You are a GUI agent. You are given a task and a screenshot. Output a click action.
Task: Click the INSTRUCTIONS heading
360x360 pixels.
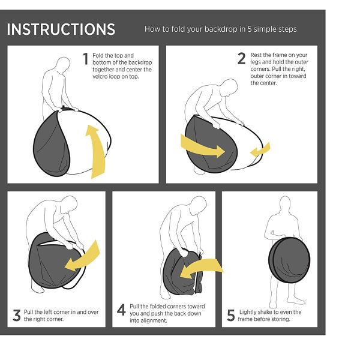click(x=61, y=29)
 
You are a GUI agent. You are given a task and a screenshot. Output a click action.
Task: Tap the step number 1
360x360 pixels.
click(x=86, y=59)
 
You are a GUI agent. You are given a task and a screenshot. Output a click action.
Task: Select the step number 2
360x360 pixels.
click(x=242, y=59)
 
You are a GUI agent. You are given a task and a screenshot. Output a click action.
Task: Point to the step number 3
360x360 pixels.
click(x=17, y=315)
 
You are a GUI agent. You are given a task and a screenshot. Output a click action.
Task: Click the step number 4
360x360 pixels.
click(x=121, y=310)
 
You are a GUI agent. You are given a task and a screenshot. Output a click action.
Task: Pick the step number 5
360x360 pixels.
click(x=231, y=315)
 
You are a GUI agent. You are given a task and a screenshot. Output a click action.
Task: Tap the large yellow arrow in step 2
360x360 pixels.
click(x=202, y=146)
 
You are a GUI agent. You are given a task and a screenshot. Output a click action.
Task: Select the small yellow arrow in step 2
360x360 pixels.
click(x=260, y=150)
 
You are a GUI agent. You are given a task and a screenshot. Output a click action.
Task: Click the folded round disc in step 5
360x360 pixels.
click(x=289, y=260)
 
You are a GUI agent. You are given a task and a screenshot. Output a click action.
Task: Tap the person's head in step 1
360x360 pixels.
click(x=63, y=65)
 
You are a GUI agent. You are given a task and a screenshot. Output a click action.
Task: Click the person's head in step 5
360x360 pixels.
click(x=285, y=203)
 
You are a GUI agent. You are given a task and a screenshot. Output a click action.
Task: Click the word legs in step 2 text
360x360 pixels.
click(x=256, y=62)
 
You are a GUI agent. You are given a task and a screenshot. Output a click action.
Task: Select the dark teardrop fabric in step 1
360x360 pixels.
click(x=52, y=144)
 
